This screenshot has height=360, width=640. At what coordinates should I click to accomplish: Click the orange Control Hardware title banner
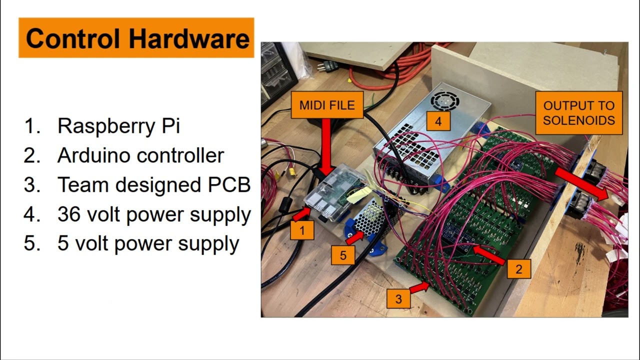click(136, 38)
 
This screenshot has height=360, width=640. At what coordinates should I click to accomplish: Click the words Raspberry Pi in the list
click(118, 126)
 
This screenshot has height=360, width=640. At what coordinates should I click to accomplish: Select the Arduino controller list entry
click(140, 155)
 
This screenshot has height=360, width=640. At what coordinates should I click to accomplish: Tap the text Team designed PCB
click(154, 185)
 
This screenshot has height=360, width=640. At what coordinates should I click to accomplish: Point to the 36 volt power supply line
click(154, 214)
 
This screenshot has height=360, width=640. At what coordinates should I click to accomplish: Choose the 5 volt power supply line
click(148, 244)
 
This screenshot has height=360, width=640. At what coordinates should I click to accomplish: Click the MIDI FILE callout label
click(327, 105)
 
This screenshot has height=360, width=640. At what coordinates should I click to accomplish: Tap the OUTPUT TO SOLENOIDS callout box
click(578, 113)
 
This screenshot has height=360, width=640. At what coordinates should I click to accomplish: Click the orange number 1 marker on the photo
click(302, 231)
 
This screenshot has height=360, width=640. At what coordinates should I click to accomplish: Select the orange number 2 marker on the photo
click(518, 269)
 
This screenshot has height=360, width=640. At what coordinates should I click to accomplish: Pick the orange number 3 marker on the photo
click(398, 299)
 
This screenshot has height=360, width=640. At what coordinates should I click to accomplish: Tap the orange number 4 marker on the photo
click(438, 121)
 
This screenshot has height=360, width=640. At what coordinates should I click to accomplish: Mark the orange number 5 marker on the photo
click(343, 255)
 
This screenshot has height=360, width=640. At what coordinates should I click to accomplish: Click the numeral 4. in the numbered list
click(31, 214)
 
